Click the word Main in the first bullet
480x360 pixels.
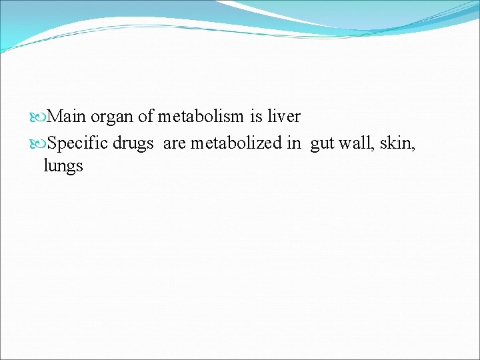click(67, 117)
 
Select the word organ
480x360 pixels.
click(112, 117)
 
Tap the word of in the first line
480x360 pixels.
click(146, 117)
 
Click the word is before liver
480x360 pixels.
click(256, 117)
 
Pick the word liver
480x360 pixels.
click(284, 117)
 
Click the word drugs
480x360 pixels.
click(134, 143)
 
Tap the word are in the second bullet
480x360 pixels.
click(174, 143)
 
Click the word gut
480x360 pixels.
click(322, 143)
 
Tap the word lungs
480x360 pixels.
click(63, 167)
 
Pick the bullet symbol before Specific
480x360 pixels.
click(39, 143)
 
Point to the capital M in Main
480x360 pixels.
click(55, 117)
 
